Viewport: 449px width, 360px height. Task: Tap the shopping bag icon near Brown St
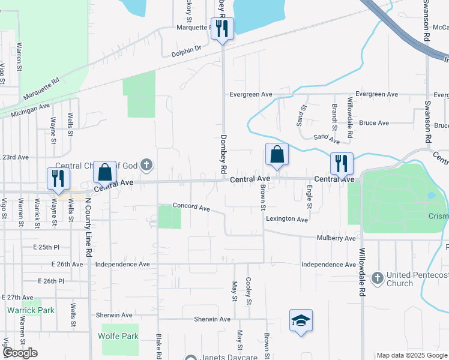(277, 154)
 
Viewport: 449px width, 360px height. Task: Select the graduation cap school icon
(301, 320)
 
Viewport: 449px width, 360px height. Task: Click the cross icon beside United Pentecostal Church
(377, 277)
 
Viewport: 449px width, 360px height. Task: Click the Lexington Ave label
(287, 220)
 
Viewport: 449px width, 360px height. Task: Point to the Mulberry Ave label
(336, 238)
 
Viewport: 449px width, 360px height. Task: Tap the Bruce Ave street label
(374, 123)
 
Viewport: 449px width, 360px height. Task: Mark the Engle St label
(310, 197)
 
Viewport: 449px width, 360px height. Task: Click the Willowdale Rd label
(362, 272)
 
